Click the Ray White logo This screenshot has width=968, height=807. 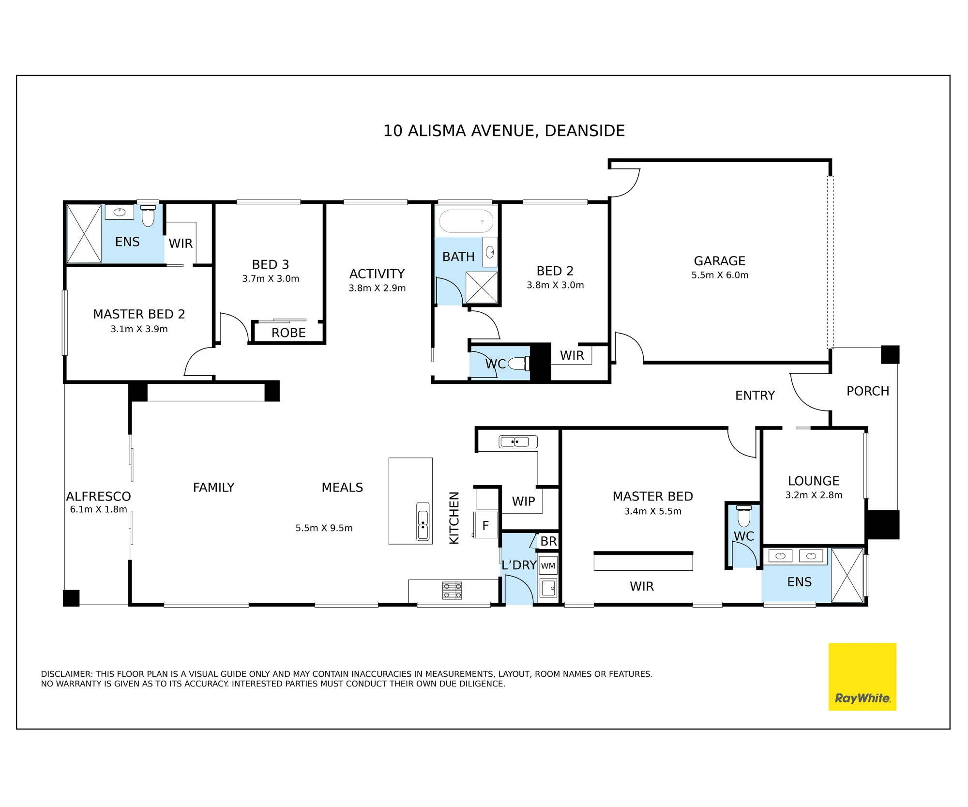click(x=862, y=676)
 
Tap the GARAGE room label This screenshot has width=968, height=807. click(x=719, y=261)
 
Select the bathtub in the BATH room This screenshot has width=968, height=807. click(x=466, y=221)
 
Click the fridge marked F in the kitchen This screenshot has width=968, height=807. click(x=485, y=525)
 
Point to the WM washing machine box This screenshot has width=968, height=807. click(x=548, y=565)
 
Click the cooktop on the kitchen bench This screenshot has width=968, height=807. click(x=452, y=591)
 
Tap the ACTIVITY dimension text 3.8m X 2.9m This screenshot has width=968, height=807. click(x=377, y=288)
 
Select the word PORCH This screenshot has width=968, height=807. click(x=868, y=391)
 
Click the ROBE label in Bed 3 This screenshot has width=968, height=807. click(x=288, y=333)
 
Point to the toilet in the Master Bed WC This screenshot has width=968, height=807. click(x=744, y=516)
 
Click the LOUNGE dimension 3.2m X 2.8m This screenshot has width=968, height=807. click(x=814, y=495)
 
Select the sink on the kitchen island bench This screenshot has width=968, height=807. click(x=423, y=521)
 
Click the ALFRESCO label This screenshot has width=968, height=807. click(x=98, y=496)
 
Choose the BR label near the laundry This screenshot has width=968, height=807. click(x=548, y=541)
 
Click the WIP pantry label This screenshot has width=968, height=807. click(x=523, y=501)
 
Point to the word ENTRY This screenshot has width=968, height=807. click(x=755, y=396)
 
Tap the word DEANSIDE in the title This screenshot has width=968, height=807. click(x=585, y=131)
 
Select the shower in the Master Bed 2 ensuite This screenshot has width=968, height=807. click(x=84, y=234)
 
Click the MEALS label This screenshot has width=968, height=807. click(x=342, y=487)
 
